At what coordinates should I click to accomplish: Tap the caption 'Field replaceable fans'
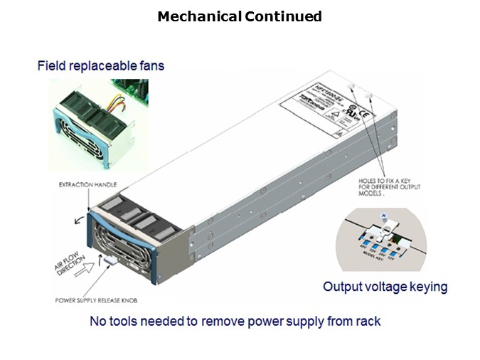tap(100, 66)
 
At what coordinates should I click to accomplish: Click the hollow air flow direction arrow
tap(89, 266)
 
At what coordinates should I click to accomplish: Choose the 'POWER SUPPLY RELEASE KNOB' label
tap(97, 300)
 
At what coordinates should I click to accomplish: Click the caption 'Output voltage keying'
tap(385, 287)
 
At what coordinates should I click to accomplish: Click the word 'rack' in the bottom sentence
tap(366, 322)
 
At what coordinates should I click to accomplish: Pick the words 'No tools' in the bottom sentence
tap(112, 322)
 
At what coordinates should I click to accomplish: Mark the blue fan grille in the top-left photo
tap(75, 141)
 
